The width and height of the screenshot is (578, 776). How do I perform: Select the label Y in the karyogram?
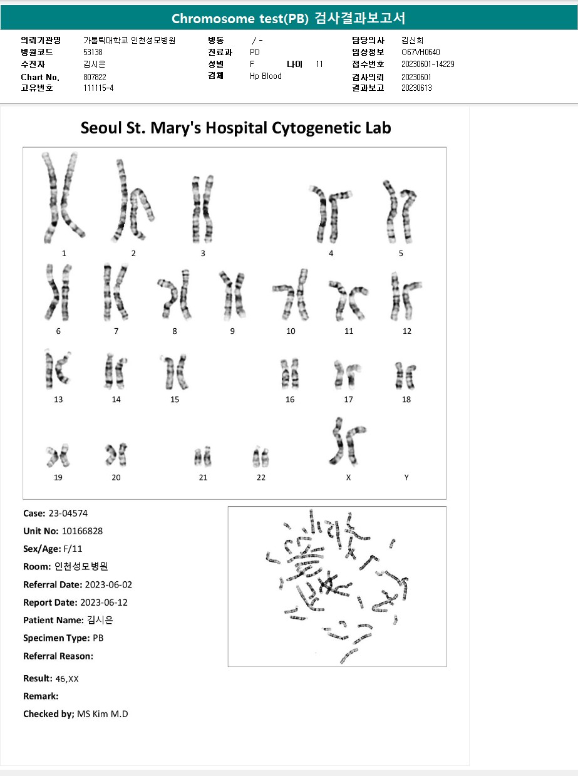(x=406, y=477)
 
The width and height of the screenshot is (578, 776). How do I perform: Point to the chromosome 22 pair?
(x=261, y=457)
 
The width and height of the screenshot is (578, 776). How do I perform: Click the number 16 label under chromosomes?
(x=290, y=400)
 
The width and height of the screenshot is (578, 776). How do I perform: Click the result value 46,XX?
(x=67, y=678)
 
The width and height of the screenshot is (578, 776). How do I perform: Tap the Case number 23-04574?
(x=68, y=514)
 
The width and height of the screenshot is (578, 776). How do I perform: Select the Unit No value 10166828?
(x=82, y=531)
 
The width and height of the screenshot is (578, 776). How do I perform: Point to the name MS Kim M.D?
(x=102, y=714)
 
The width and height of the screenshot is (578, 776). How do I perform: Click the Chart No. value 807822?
(x=95, y=77)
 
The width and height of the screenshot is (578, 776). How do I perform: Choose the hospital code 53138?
(x=93, y=52)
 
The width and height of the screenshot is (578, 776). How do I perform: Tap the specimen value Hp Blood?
(x=266, y=76)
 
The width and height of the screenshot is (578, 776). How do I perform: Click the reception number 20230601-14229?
(x=428, y=64)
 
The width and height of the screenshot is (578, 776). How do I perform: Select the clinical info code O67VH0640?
(x=421, y=52)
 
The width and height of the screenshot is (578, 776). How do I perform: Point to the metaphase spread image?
(x=337, y=586)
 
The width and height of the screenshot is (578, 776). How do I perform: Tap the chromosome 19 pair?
(x=57, y=455)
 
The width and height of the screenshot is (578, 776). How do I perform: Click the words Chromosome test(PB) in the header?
(x=240, y=18)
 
